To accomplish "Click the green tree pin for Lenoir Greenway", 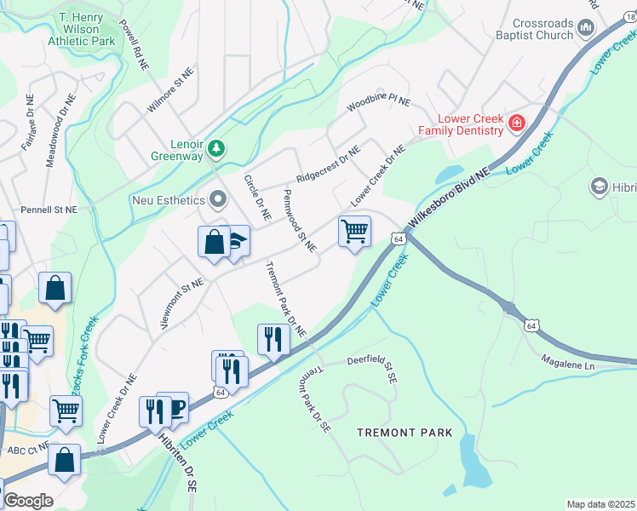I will [x=216, y=149].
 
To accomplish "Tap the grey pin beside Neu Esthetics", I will [x=218, y=200].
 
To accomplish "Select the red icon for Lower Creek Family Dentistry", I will [x=516, y=124].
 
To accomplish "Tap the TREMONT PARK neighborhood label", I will [x=404, y=433].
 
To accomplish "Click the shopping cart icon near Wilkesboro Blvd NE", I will [x=353, y=230].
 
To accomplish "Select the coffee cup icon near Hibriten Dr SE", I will [x=175, y=408].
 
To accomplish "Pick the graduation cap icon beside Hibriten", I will [x=598, y=186].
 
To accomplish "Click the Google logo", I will [x=27, y=501].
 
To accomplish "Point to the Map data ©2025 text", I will [x=600, y=504].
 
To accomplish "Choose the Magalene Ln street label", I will [x=568, y=364].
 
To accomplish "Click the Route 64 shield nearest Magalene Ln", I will [x=531, y=325].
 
